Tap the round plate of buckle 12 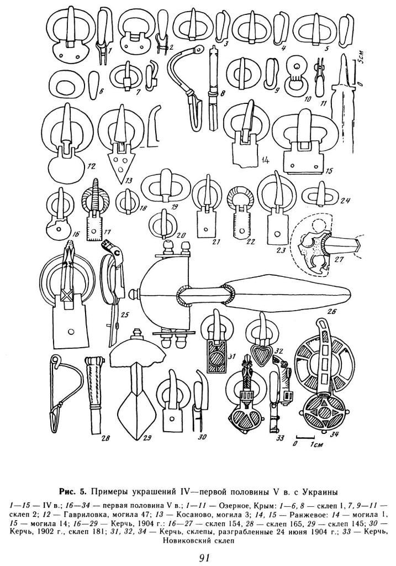pyautogui.click(x=66, y=165)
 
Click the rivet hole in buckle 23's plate pyautogui.click(x=277, y=233)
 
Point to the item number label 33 pyautogui.click(x=279, y=438)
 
